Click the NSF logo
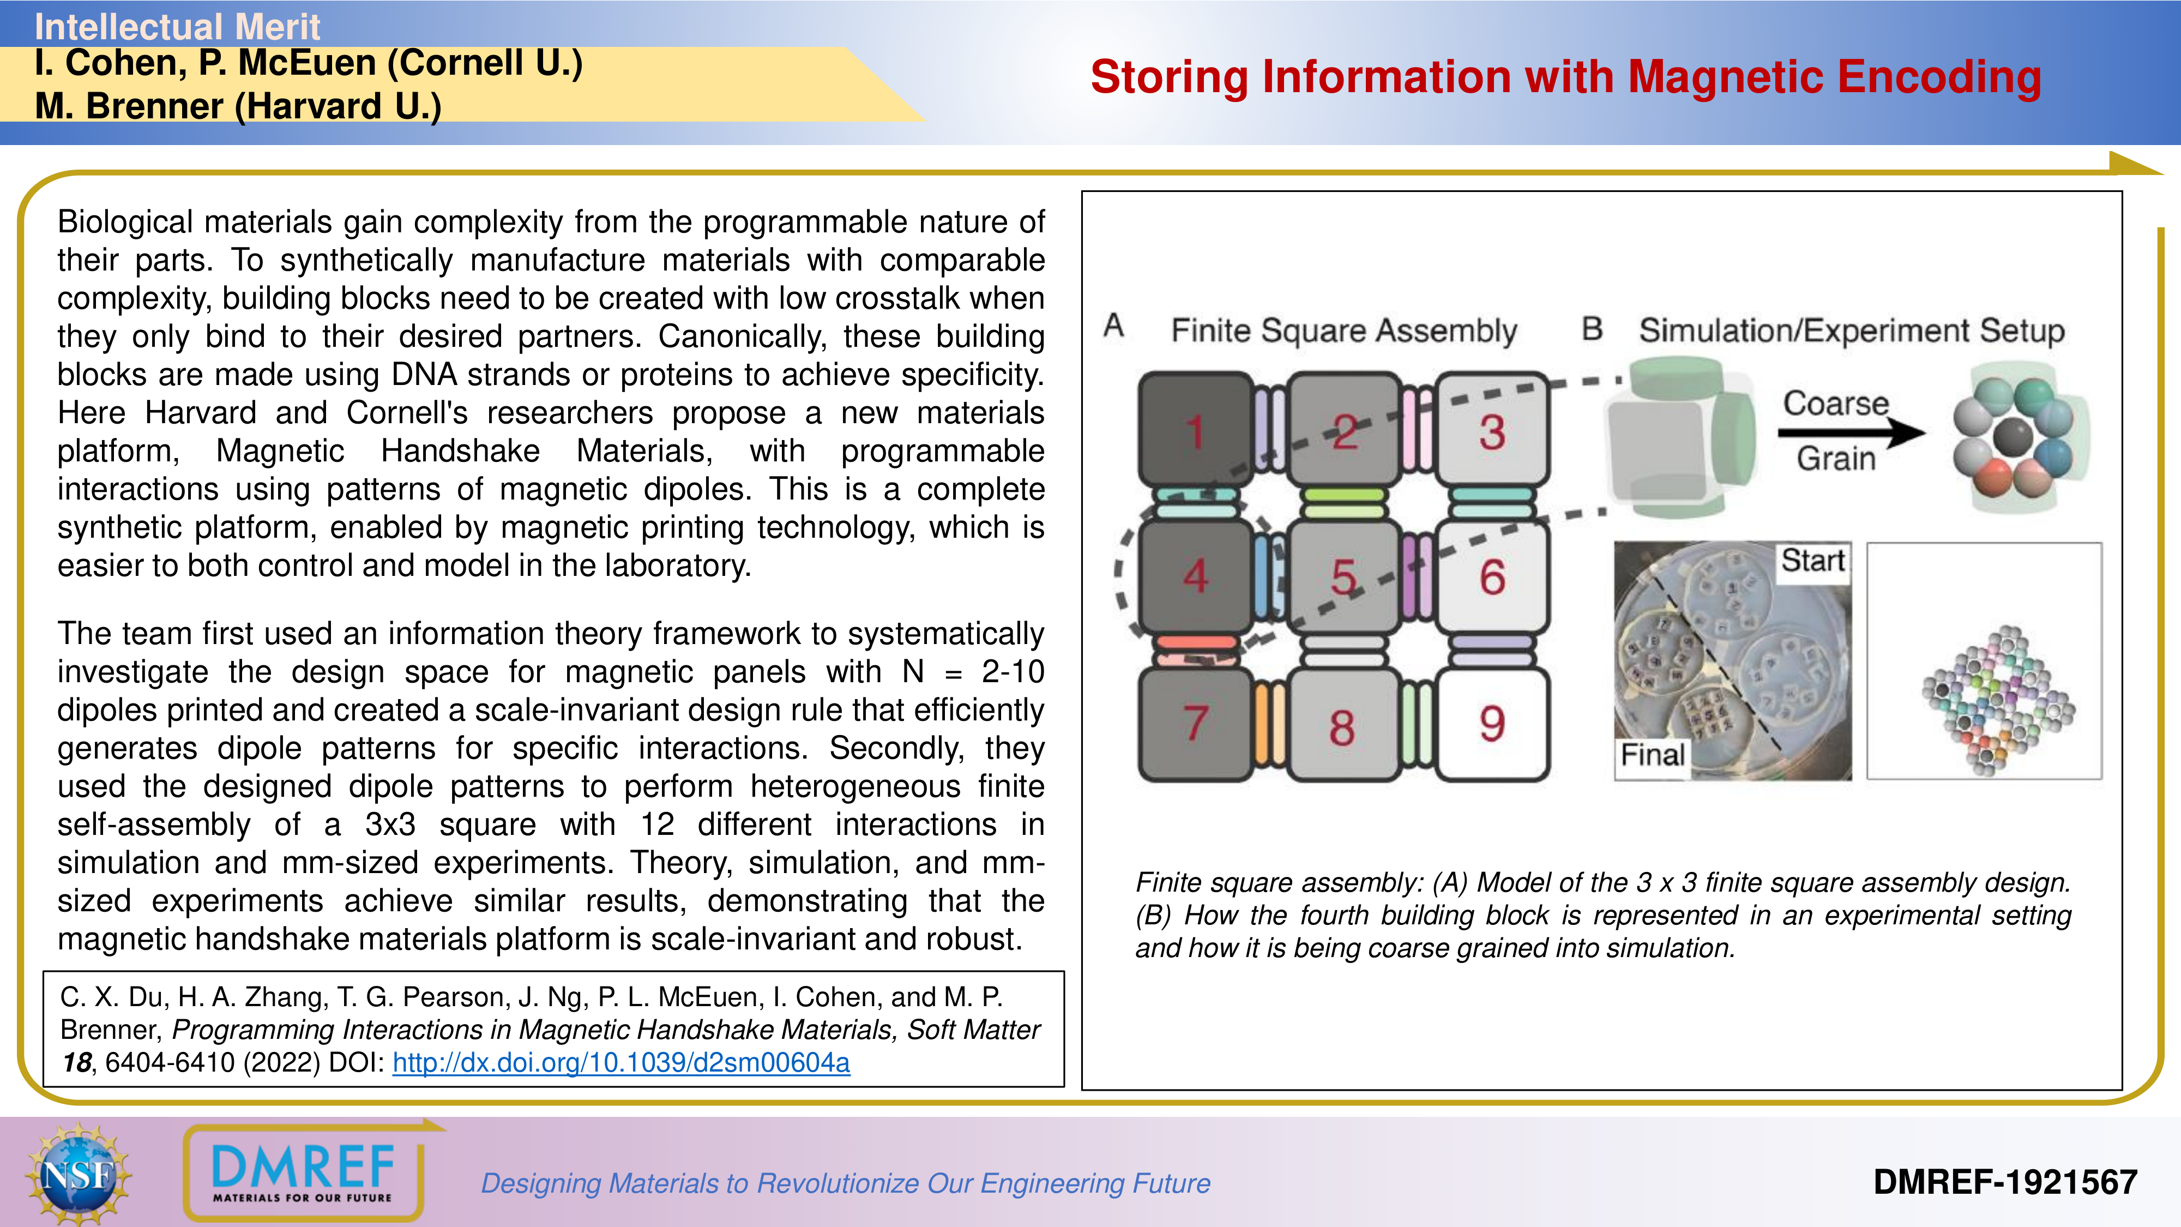click(78, 1174)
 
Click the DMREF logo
click(302, 1172)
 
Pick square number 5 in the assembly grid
click(1343, 576)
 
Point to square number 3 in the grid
click(1492, 430)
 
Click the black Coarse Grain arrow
click(1850, 432)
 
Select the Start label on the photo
click(1812, 561)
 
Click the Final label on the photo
click(1652, 754)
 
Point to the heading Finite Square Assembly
click(1343, 330)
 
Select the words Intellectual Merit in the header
click(177, 26)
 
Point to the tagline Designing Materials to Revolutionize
click(845, 1183)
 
